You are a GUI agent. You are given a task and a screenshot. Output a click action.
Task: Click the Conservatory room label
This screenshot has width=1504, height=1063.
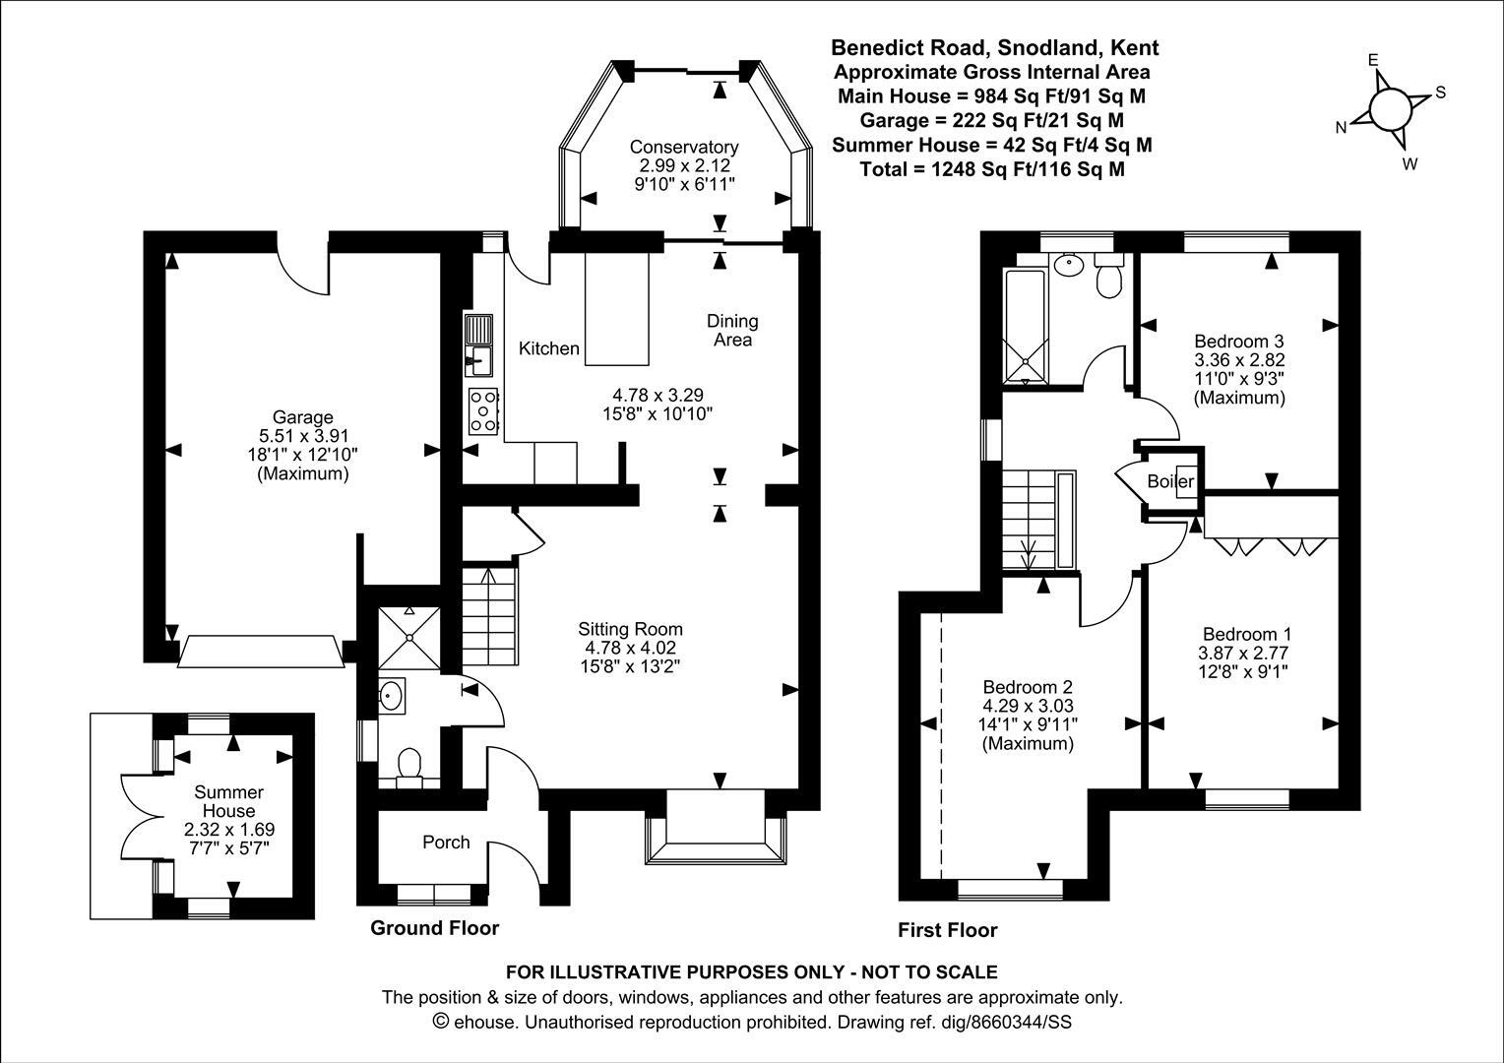click(684, 147)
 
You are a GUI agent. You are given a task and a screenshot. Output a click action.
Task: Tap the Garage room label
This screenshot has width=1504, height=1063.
click(302, 417)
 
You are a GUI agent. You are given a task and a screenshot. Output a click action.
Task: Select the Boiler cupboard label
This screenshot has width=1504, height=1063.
click(1169, 481)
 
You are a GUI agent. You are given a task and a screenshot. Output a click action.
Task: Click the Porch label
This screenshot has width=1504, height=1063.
click(446, 843)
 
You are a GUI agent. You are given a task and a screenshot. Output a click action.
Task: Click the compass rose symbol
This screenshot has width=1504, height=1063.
click(1389, 108)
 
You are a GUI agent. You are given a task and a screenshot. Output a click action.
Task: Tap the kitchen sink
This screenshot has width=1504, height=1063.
click(479, 347)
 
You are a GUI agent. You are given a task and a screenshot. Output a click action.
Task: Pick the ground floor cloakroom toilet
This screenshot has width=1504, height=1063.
click(407, 765)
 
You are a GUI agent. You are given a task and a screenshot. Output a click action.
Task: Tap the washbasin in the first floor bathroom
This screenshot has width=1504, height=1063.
click(1066, 264)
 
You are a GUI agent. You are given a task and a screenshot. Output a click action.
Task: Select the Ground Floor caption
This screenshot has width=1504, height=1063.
click(434, 928)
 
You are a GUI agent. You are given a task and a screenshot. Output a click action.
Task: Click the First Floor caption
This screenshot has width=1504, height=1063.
click(947, 930)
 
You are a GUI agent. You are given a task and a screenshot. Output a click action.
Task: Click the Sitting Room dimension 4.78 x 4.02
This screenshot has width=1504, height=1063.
click(630, 648)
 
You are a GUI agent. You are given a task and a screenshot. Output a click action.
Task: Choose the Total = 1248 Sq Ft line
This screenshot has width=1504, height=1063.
click(992, 169)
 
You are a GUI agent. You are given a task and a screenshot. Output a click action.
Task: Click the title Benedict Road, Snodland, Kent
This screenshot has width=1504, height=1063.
click(994, 47)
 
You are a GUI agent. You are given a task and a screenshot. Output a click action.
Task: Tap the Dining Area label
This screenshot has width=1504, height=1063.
click(732, 330)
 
